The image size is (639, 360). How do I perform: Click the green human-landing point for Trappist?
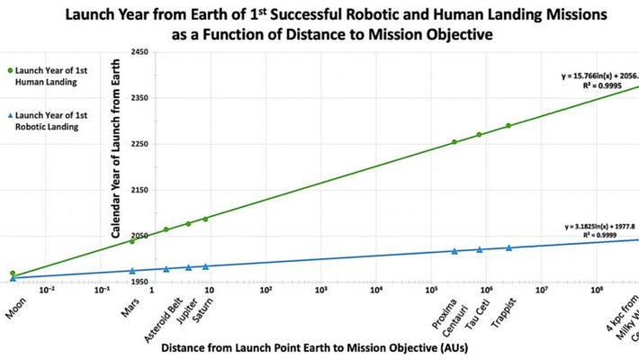coord(508,126)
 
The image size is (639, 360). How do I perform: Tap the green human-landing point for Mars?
coord(132,240)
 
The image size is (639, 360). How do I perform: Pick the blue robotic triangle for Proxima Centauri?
coord(454,251)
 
